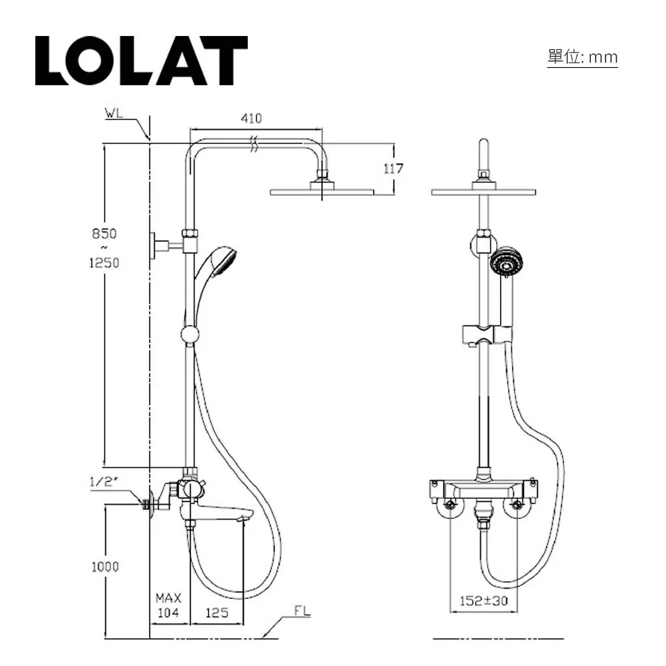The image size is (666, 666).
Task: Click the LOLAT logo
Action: pyautogui.click(x=141, y=61)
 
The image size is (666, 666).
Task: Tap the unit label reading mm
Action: pyautogui.click(x=583, y=58)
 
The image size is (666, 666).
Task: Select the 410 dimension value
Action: pyautogui.click(x=251, y=119)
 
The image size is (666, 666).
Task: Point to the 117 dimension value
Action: pyautogui.click(x=394, y=168)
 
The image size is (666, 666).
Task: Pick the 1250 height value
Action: pyautogui.click(x=104, y=262)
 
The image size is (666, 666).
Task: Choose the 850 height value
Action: pyautogui.click(x=104, y=234)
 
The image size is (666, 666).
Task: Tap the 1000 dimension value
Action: pyautogui.click(x=104, y=567)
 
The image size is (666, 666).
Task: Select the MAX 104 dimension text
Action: pyautogui.click(x=168, y=605)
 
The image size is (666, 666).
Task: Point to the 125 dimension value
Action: pyautogui.click(x=216, y=613)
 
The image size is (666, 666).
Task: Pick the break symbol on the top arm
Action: pyautogui.click(x=252, y=143)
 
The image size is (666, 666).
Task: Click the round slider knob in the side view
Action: pyautogui.click(x=190, y=335)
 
